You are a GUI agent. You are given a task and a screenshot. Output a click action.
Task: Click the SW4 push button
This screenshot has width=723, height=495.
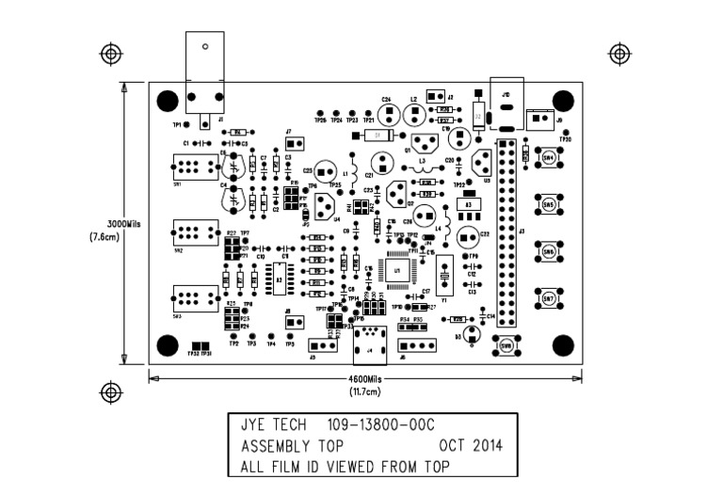click(548, 157)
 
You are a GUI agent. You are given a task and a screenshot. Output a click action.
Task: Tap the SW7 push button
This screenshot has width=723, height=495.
click(548, 300)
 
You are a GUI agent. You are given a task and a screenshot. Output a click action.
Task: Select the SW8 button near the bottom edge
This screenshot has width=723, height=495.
click(506, 345)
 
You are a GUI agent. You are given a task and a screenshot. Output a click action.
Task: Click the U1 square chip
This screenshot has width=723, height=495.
click(398, 269)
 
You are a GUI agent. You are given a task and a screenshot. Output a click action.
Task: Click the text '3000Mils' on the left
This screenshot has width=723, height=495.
click(124, 224)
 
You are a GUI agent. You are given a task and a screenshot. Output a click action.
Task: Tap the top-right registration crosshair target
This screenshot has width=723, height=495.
click(619, 51)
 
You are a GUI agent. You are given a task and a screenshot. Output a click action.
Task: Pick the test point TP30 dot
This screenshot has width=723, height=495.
click(565, 133)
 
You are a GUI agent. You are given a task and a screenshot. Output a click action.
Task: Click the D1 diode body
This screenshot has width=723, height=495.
click(378, 136)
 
